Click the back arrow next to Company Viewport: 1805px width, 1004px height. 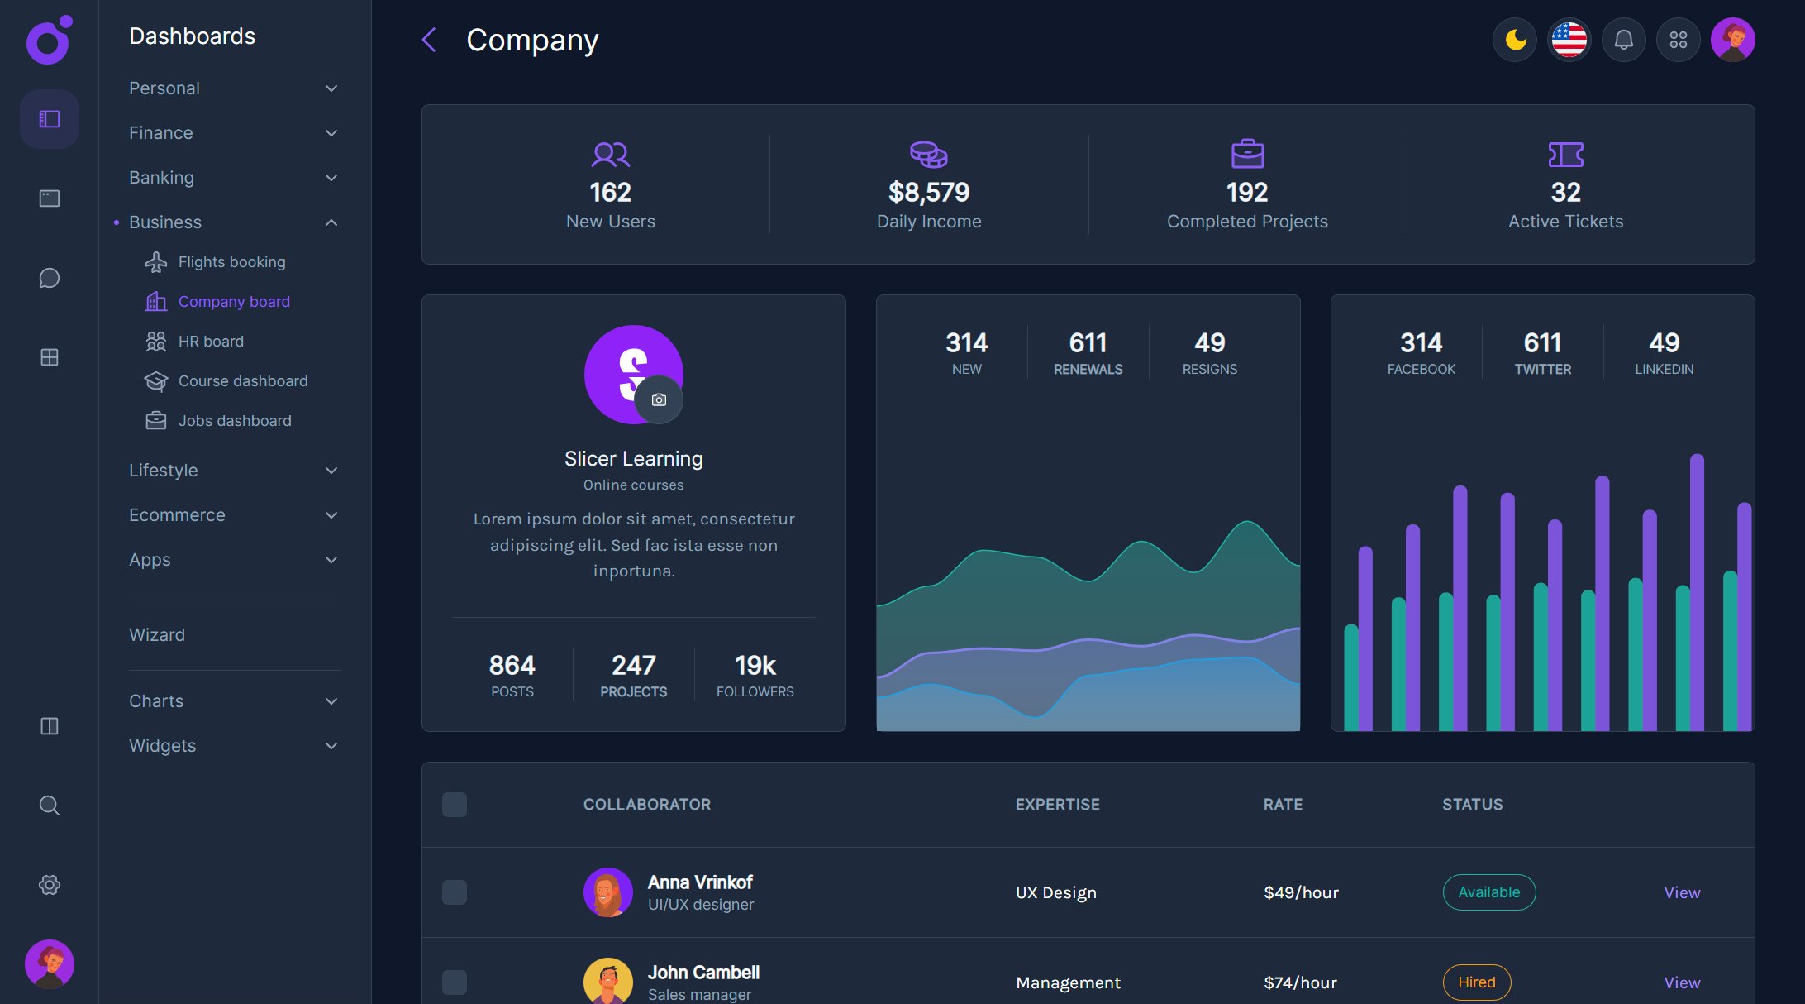point(429,40)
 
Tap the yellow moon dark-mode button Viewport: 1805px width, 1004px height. point(1515,40)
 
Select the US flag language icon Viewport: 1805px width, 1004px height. point(1569,40)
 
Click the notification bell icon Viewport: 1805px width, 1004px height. point(1624,40)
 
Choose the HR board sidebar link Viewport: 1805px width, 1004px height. point(211,342)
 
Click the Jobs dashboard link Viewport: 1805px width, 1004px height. point(235,421)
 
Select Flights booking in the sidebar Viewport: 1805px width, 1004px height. point(231,262)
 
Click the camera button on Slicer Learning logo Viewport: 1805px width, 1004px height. point(659,400)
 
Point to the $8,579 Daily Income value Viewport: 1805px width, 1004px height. point(929,193)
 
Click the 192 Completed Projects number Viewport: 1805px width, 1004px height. point(1247,193)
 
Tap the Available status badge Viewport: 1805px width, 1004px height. point(1488,892)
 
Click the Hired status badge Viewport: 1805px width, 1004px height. point(1476,982)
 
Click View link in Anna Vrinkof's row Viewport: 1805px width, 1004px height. point(1682,892)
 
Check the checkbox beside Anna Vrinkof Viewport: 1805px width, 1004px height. point(455,892)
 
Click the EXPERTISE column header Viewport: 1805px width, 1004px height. point(1057,805)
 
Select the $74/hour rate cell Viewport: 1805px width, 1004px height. point(1300,982)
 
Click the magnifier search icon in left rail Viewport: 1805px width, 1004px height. point(50,806)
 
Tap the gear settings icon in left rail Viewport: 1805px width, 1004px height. point(50,885)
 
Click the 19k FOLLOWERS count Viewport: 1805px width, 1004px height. point(755,666)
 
